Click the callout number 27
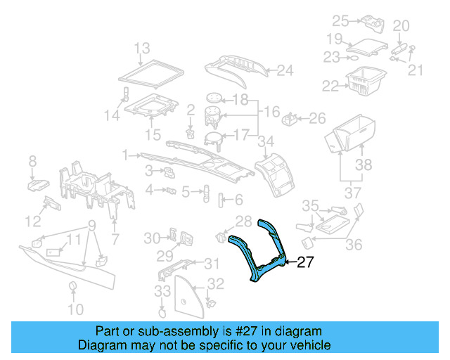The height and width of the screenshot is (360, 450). pos(304,262)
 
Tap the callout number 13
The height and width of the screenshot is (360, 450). pos(142,49)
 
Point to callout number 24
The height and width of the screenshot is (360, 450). pos(284,70)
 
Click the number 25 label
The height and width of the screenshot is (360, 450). pos(340,20)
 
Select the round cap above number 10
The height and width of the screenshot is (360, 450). pos(72,285)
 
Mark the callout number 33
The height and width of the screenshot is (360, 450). pos(163,290)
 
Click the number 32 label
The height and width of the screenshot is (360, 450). pos(217,284)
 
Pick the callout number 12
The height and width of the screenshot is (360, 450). pos(33,222)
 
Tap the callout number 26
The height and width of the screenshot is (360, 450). pos(317,118)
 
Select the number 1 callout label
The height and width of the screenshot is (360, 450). pos(125,154)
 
